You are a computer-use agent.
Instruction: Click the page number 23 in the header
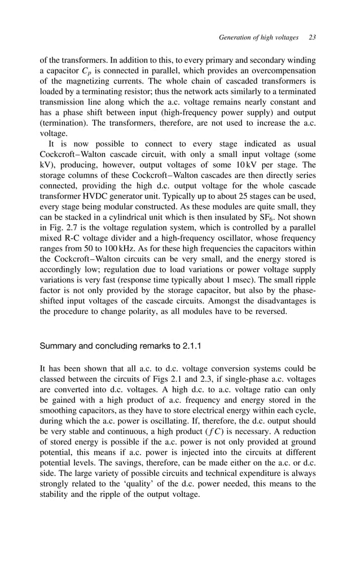click(312, 37)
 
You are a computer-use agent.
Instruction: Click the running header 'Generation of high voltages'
click(258, 37)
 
